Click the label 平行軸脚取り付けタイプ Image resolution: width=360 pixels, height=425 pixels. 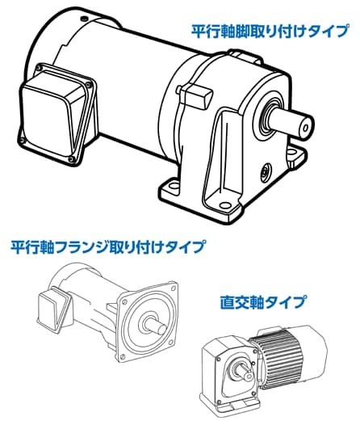(x=270, y=32)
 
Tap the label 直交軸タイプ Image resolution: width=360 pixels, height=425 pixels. (x=263, y=303)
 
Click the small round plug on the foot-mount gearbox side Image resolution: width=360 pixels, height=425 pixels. (x=264, y=170)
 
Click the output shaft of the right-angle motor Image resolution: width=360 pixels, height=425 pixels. (x=243, y=373)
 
